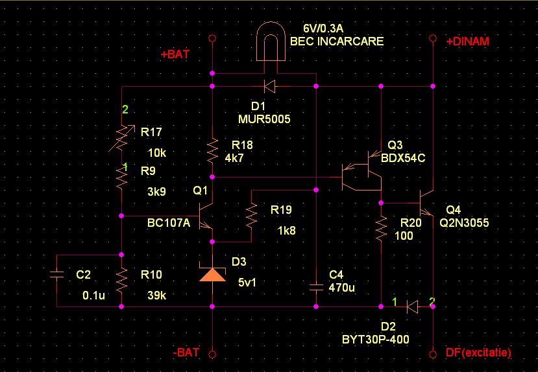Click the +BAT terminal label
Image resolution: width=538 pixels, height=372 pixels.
point(175,55)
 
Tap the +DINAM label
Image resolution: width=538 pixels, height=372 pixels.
point(467,41)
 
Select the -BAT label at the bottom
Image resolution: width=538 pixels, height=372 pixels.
point(186,353)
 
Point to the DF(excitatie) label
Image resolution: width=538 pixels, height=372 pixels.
point(478,353)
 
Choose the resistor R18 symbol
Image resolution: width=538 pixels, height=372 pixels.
point(212,151)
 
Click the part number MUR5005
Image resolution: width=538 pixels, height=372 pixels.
point(263,119)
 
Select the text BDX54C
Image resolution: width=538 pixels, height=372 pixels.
point(402,157)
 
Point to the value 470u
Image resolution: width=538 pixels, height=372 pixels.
point(342,287)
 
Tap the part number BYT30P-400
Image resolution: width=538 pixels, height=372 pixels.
point(375,338)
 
